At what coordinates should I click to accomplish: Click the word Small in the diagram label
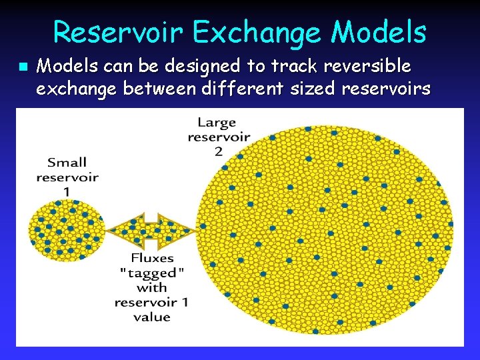pyautogui.click(x=67, y=162)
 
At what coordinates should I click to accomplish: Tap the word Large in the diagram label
pyautogui.click(x=217, y=122)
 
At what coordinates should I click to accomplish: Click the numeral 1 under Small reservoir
pyautogui.click(x=67, y=192)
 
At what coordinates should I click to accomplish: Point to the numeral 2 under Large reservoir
pyautogui.click(x=218, y=152)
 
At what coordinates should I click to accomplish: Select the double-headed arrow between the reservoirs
pyautogui.click(x=152, y=230)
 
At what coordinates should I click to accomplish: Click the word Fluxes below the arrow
pyautogui.click(x=152, y=259)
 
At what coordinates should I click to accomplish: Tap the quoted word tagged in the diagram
pyautogui.click(x=152, y=273)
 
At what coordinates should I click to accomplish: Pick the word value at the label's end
pyautogui.click(x=152, y=317)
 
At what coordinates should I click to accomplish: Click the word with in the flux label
pyautogui.click(x=152, y=288)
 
